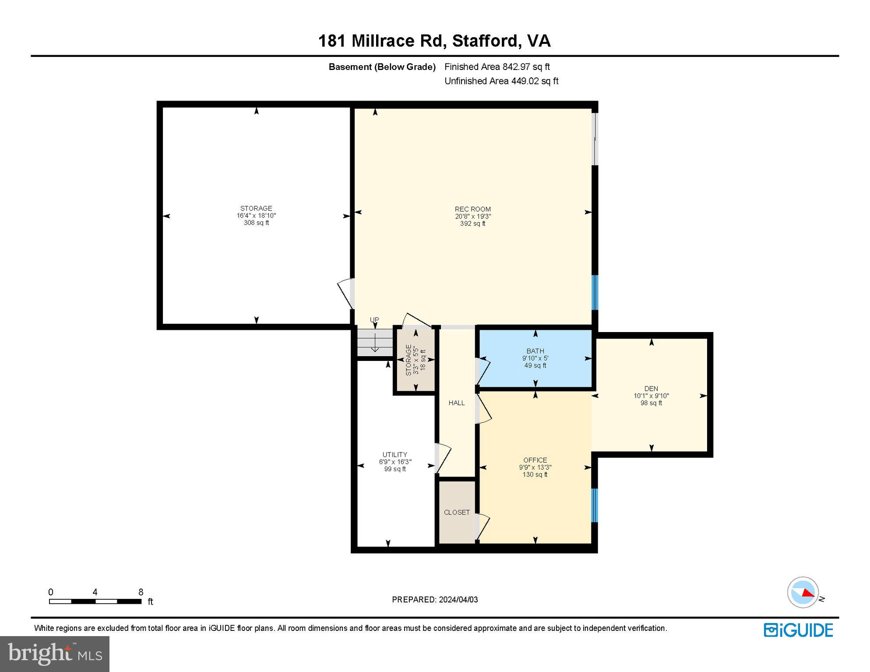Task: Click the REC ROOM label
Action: [472, 209]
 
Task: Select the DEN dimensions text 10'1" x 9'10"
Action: [651, 395]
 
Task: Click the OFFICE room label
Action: [535, 460]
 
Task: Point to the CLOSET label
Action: [457, 512]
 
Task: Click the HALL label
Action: [456, 403]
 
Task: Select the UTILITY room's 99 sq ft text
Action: [394, 469]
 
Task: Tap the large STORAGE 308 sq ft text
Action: [256, 223]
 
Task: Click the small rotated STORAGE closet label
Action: [409, 360]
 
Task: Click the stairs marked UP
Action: [374, 343]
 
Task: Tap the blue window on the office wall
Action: [595, 505]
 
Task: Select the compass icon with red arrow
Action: [803, 592]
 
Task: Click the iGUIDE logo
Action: [798, 630]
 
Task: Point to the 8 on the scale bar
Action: [141, 592]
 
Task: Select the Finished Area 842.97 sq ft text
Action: [497, 67]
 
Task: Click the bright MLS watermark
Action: [55, 654]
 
